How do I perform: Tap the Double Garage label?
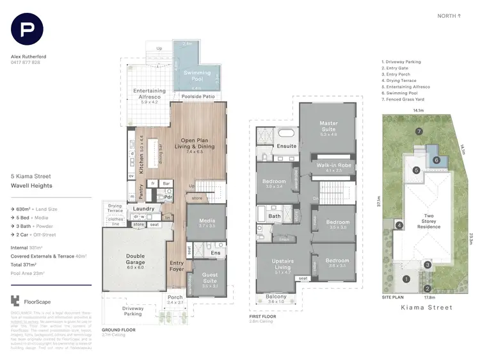(x=135, y=259)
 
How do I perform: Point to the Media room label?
(x=206, y=222)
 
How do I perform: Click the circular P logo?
(x=27, y=30)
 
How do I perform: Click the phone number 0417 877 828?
(x=26, y=62)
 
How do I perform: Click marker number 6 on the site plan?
(x=436, y=160)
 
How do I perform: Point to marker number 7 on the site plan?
(x=419, y=131)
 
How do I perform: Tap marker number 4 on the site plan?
(x=399, y=225)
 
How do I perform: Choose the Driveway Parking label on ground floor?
(x=133, y=311)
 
